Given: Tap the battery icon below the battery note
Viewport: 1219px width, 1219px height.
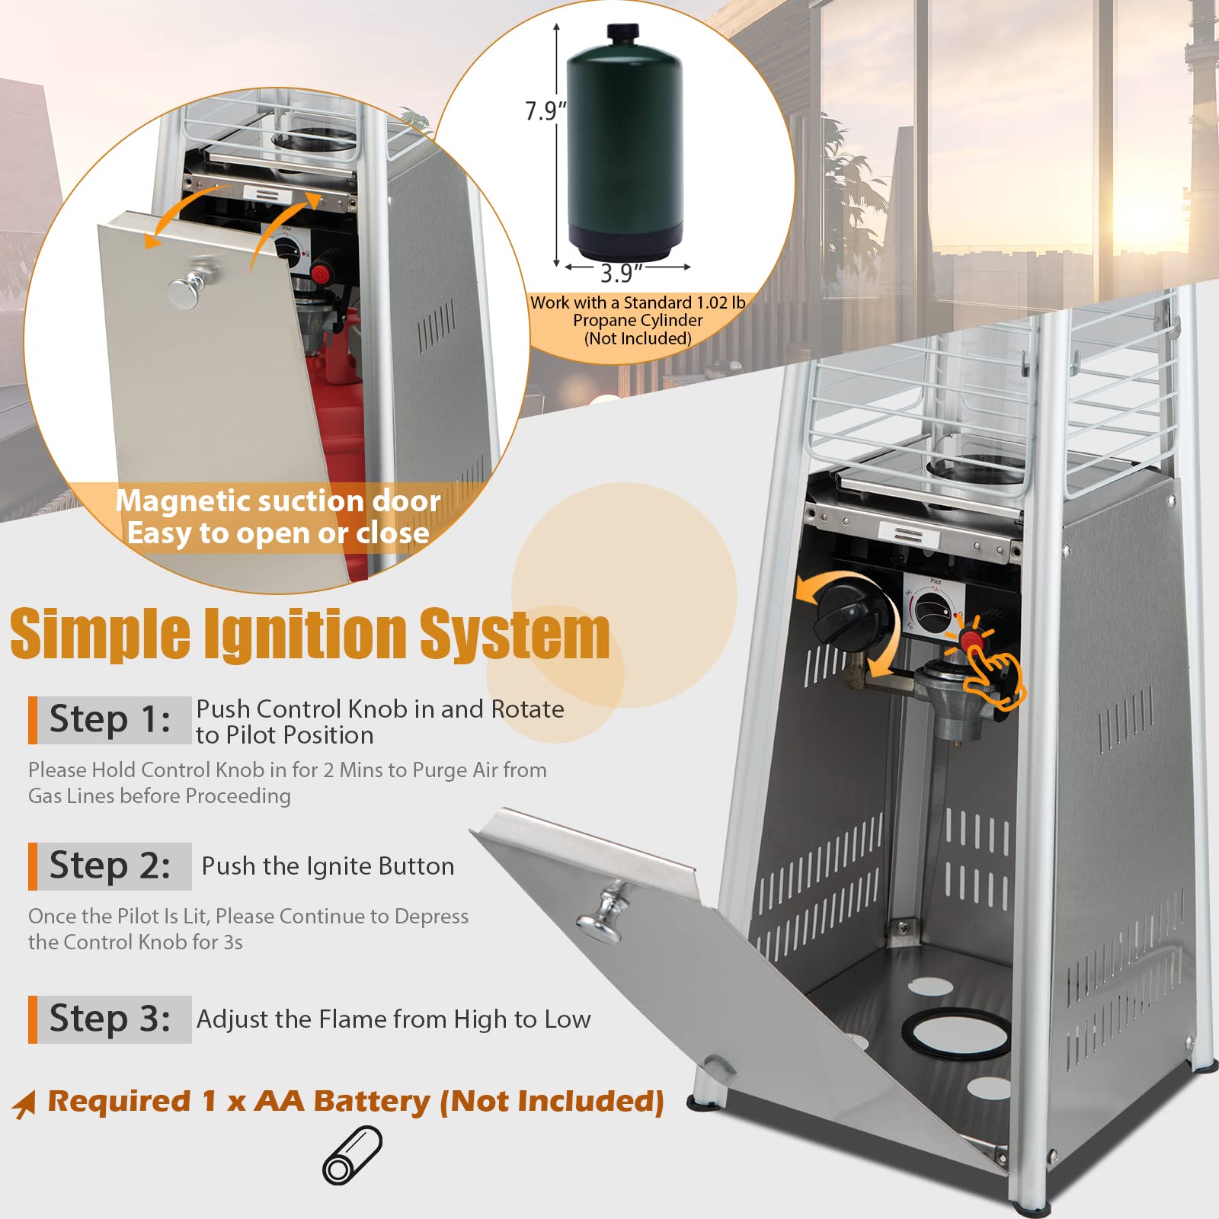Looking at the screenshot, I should tap(352, 1156).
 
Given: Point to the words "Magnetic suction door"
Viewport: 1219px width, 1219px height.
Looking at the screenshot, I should tap(278, 501).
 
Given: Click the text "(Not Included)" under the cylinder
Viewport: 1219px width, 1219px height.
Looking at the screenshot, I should tap(638, 338).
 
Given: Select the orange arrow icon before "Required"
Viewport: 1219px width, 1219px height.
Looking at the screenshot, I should tap(24, 1103).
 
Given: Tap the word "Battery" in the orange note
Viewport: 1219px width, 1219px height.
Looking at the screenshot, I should tap(372, 1102).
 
